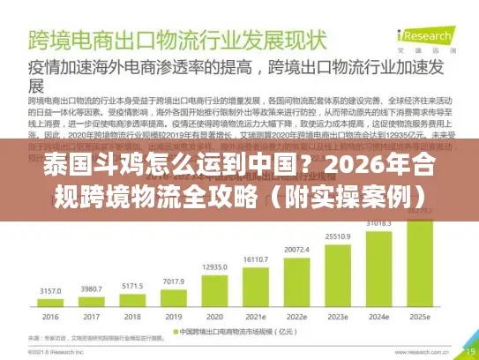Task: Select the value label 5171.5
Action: (x=131, y=286)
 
